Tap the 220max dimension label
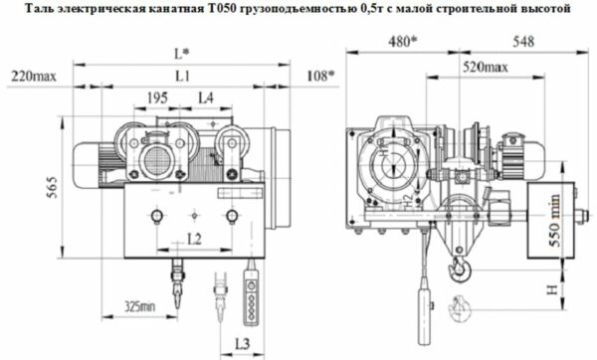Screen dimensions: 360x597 click(x=32, y=76)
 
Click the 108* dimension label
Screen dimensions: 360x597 click(x=319, y=76)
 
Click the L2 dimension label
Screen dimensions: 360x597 click(x=195, y=239)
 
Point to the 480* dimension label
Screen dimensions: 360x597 click(x=405, y=43)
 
